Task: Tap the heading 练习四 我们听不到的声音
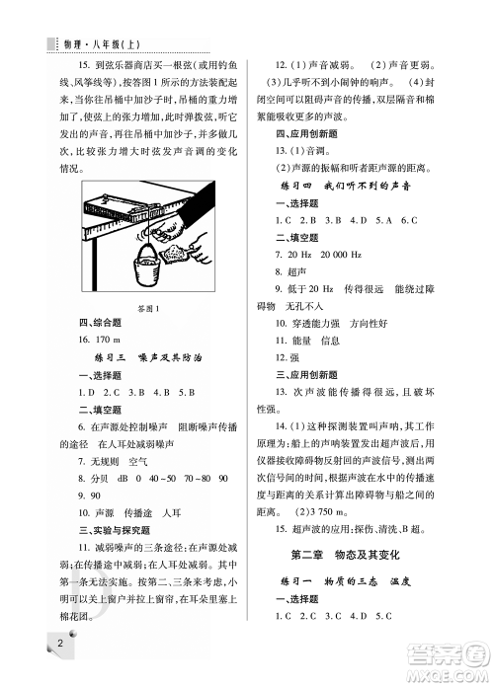pos(368,185)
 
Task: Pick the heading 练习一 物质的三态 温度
pos(367,582)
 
